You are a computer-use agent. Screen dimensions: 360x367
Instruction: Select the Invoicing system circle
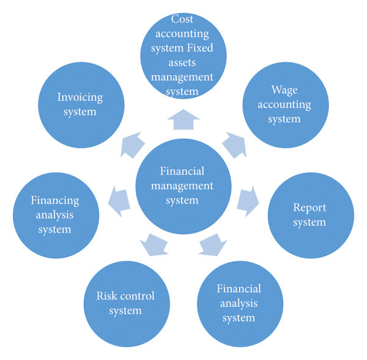(x=80, y=105)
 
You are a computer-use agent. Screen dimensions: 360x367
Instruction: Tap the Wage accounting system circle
(x=284, y=105)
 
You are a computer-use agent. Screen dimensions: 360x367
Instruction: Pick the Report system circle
(x=310, y=215)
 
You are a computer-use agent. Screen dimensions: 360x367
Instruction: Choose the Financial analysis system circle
(x=239, y=303)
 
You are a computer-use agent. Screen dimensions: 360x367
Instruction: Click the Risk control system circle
(x=125, y=303)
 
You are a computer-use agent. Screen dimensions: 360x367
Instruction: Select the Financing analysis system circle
(x=55, y=215)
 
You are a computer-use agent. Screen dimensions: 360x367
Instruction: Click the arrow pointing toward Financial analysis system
(x=213, y=243)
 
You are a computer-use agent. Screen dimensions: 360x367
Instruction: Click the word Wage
(x=284, y=90)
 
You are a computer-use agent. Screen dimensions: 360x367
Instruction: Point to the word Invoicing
(x=80, y=97)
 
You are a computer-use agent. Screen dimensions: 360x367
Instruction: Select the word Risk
(x=108, y=296)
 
